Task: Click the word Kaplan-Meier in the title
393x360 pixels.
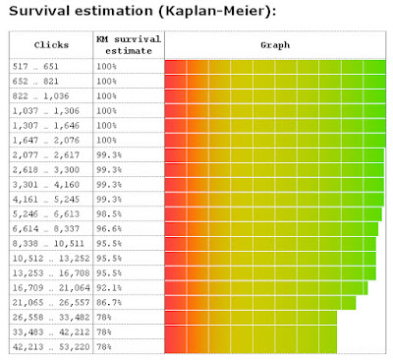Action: pos(215,11)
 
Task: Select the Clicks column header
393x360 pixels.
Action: pos(51,45)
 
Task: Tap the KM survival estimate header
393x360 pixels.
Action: pos(129,45)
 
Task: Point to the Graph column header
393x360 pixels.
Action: pos(275,45)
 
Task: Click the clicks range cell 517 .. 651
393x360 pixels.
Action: pos(35,67)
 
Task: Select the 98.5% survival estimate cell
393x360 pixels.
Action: pos(109,214)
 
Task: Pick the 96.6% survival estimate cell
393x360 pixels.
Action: pos(109,229)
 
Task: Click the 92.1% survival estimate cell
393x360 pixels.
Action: pos(109,288)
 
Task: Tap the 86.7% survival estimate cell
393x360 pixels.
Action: pos(109,302)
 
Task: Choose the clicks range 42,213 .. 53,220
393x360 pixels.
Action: pos(51,346)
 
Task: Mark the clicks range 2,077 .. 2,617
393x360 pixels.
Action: pos(46,155)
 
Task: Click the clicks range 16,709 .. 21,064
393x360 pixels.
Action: pos(51,288)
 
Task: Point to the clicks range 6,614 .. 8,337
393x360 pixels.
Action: pos(46,229)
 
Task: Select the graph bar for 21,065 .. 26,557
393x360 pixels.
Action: pos(260,302)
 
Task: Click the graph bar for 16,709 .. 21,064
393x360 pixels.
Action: pos(266,288)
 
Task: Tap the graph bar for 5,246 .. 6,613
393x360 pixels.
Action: pos(273,214)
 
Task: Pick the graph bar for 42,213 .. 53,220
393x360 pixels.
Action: pos(251,346)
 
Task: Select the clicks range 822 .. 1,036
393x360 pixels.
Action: pos(40,96)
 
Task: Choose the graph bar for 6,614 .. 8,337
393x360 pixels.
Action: pos(271,229)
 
